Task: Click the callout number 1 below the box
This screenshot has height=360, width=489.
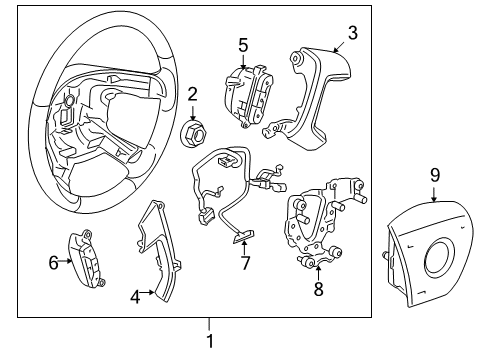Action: pos(209,340)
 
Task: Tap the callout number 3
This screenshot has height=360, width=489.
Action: pos(351,33)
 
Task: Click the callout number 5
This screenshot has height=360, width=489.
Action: pos(243,44)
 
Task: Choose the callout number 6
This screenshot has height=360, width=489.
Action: pos(53,262)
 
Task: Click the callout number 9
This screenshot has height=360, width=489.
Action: pos(435,176)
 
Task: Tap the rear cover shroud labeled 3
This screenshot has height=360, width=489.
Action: pos(310,85)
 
